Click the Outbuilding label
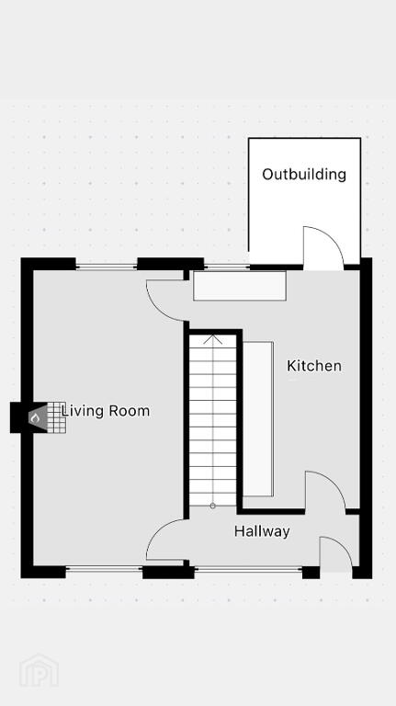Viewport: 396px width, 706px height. point(304,175)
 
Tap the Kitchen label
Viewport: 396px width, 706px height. point(314,366)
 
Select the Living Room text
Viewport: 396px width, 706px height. point(106,411)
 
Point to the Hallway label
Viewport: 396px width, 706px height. point(262,531)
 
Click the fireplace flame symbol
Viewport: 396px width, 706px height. point(35,418)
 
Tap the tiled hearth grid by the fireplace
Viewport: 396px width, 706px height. point(56,417)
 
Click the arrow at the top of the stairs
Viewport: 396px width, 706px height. point(212,338)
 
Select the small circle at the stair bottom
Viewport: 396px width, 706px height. point(212,507)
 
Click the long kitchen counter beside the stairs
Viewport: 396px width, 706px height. point(258,419)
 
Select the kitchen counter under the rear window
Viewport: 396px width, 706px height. point(240,286)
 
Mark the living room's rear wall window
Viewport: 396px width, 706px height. point(107,267)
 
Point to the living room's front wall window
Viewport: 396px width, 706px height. point(105,569)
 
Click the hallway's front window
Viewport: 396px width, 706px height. point(248,570)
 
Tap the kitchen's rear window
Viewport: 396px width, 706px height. point(227,267)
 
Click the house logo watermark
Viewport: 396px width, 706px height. point(39,671)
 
